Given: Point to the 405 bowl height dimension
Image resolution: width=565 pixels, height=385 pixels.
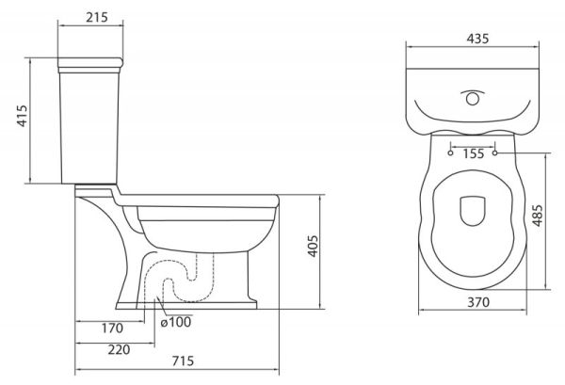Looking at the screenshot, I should pos(323,247).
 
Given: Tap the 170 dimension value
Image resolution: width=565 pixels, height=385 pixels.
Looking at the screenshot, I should pos(113,329).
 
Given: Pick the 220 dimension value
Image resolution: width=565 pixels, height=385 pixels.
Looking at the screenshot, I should pos(118,349).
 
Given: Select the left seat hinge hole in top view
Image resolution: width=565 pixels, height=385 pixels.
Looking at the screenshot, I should pos(451,151).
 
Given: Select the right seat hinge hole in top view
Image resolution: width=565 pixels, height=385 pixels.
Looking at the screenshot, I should pos(494,151).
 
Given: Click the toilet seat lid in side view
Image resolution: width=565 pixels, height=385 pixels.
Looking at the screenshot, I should pos(198,201).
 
